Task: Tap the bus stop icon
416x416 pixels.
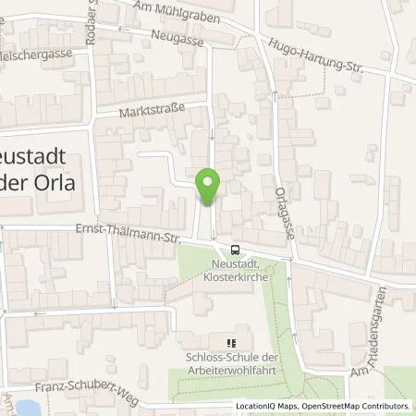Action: click(236, 249)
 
